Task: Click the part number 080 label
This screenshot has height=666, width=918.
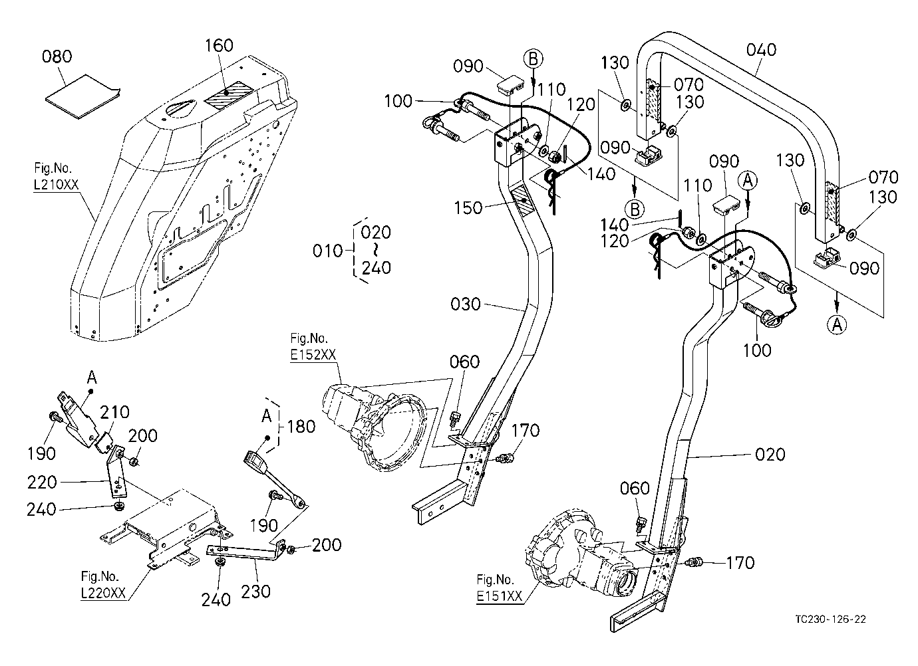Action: tap(57, 56)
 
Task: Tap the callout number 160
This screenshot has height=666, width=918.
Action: tap(220, 45)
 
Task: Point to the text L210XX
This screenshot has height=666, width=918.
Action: tap(56, 185)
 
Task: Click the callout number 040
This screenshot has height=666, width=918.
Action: tap(761, 50)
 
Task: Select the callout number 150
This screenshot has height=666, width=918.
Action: tap(468, 208)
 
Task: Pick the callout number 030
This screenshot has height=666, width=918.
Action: tap(465, 304)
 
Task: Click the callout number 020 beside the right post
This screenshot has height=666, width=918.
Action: tap(770, 455)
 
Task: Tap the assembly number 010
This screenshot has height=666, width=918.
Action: tap(328, 251)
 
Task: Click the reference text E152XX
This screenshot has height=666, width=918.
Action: tap(313, 354)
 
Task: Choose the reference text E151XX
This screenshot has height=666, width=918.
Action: tap(499, 596)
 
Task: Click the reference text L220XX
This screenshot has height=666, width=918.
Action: tap(103, 593)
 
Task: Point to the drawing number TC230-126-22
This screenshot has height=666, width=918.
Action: tap(831, 619)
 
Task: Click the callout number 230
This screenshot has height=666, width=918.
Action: tap(255, 592)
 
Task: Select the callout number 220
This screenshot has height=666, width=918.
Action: tap(42, 483)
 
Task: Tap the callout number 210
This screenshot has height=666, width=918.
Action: tap(114, 412)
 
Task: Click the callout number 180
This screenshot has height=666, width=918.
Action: tap(301, 427)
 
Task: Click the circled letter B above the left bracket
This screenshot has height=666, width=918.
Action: tap(534, 59)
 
